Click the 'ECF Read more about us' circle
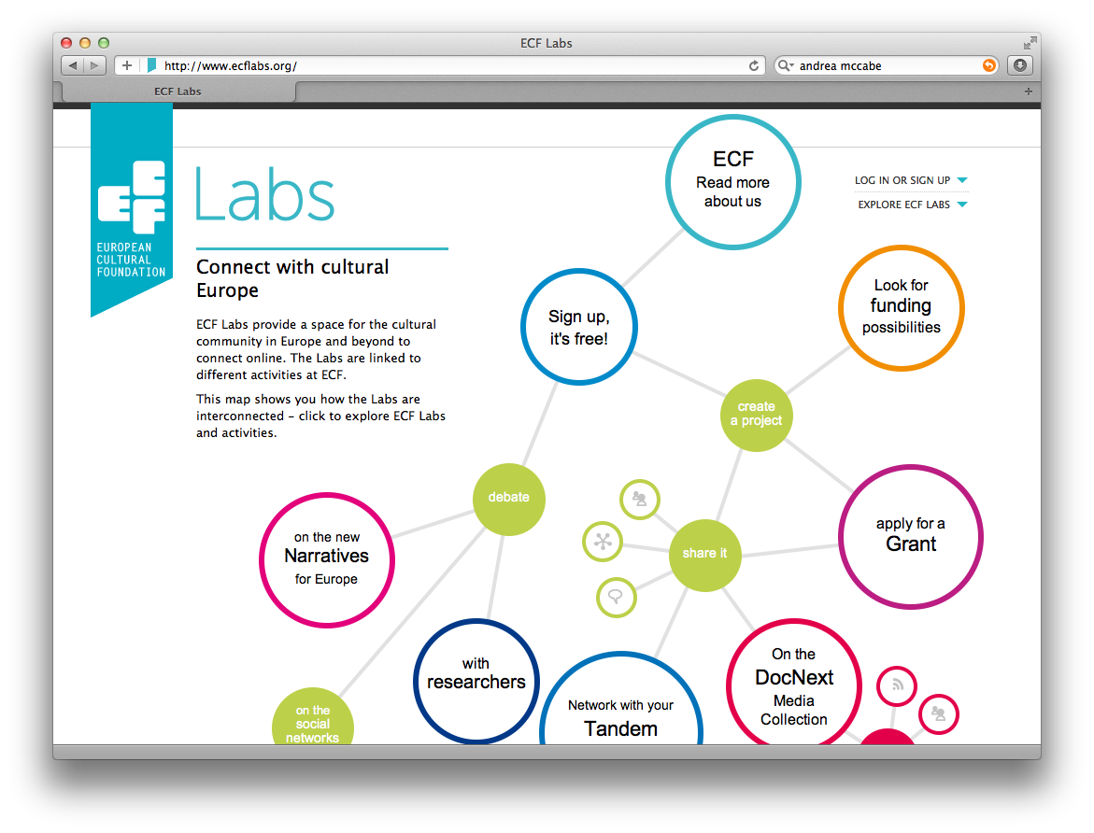click(732, 182)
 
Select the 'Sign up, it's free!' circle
click(579, 327)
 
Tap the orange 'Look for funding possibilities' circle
click(901, 306)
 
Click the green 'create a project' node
click(757, 414)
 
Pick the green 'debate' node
click(508, 498)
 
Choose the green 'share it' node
click(704, 554)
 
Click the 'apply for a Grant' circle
click(910, 536)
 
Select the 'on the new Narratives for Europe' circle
click(327, 558)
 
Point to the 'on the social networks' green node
click(312, 722)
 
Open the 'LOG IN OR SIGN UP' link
click(902, 180)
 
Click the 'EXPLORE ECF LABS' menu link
click(904, 205)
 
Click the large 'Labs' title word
click(265, 195)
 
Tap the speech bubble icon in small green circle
click(616, 597)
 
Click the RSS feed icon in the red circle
click(897, 686)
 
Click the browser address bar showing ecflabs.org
click(448, 65)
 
